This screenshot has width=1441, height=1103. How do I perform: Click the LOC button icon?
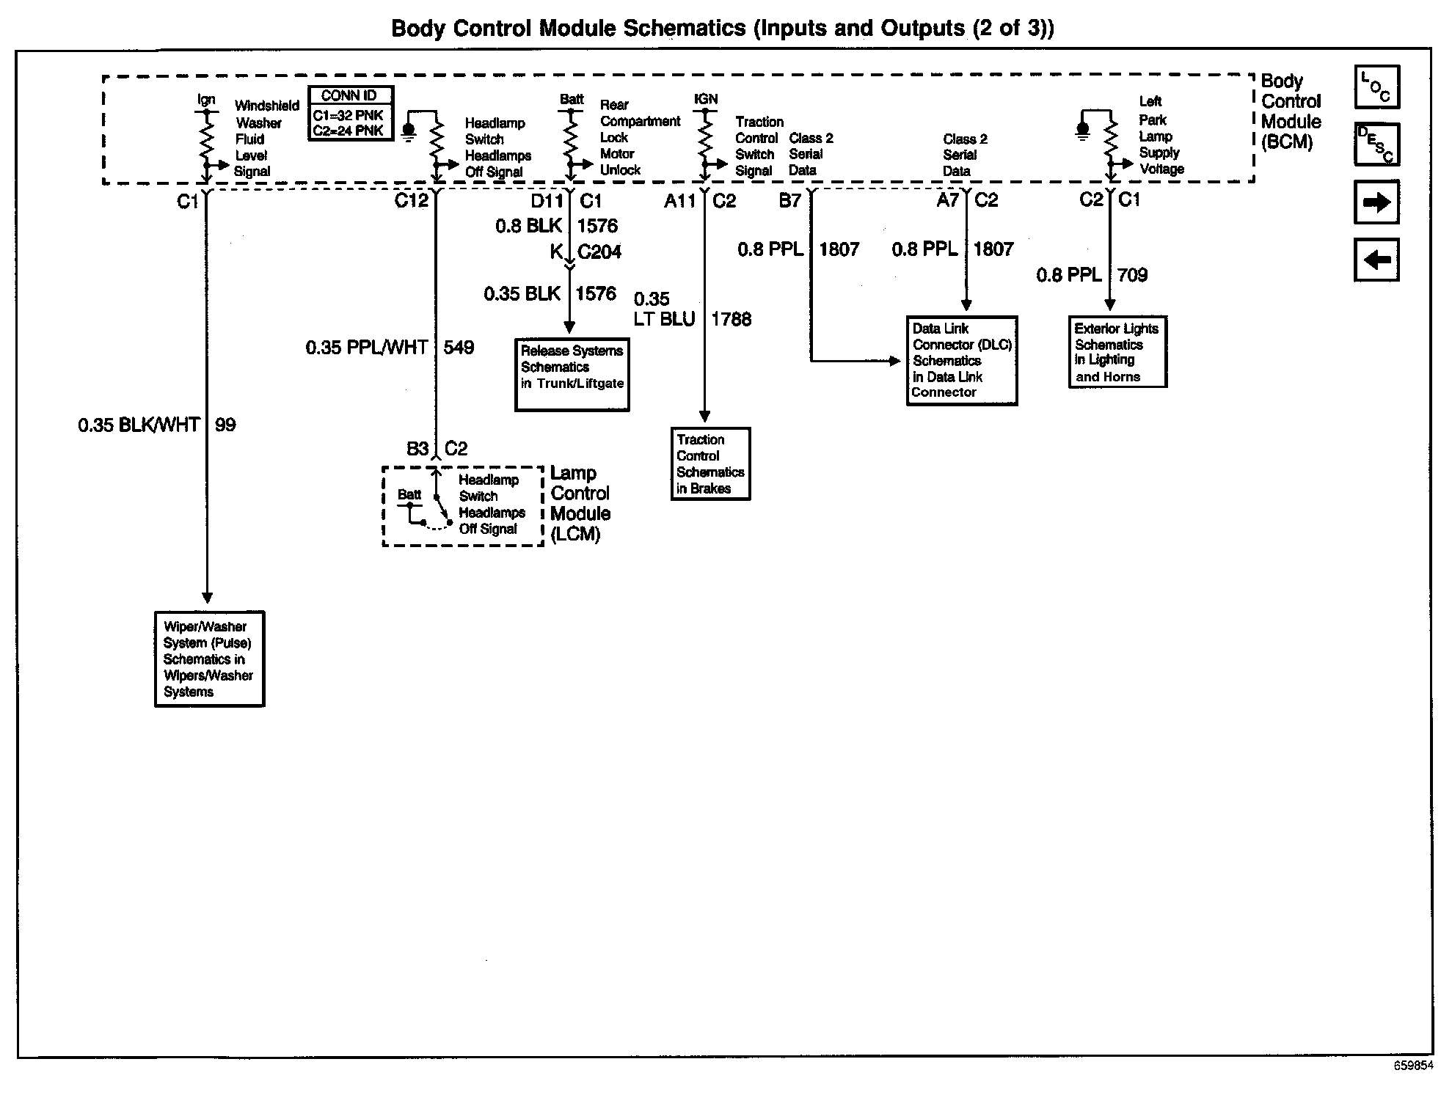tap(1376, 87)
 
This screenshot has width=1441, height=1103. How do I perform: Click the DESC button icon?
tap(1376, 144)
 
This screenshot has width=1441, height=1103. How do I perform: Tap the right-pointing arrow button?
tap(1376, 202)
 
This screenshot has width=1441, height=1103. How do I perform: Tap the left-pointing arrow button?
tap(1376, 260)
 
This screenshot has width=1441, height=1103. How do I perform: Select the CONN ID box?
tap(350, 114)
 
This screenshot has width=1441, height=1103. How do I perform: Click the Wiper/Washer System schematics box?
tap(209, 659)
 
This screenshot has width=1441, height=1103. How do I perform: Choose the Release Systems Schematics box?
tap(572, 375)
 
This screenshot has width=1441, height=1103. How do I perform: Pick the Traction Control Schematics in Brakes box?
tap(710, 463)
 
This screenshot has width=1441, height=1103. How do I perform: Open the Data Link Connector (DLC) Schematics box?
tap(962, 360)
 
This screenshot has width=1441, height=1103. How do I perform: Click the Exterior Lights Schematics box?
tap(1117, 352)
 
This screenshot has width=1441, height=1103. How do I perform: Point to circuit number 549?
tap(459, 347)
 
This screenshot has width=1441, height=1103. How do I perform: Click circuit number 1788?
tap(731, 319)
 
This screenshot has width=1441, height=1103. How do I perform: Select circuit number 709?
tap(1132, 275)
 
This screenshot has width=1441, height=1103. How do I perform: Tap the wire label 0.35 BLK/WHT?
tap(139, 425)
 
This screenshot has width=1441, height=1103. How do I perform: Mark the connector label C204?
tap(599, 252)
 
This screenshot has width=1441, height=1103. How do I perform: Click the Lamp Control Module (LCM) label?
tap(580, 504)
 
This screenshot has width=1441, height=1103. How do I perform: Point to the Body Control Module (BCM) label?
tap(1291, 111)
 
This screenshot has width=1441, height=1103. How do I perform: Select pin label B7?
tap(789, 200)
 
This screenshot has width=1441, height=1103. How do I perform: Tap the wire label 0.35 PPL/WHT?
tap(366, 347)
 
